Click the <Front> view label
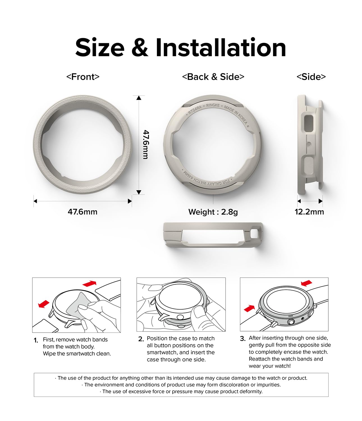[83, 77]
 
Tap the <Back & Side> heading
[213, 77]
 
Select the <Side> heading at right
[311, 77]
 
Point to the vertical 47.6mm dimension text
[146, 145]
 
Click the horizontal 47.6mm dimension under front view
[83, 212]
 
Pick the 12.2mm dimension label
[309, 212]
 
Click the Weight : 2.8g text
[213, 212]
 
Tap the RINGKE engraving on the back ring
[213, 105]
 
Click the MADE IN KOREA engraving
[236, 115]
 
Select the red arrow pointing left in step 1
[44, 304]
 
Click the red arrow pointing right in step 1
[90, 283]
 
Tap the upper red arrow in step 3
[306, 283]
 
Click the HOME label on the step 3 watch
[291, 316]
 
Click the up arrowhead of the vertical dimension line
[139, 98]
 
